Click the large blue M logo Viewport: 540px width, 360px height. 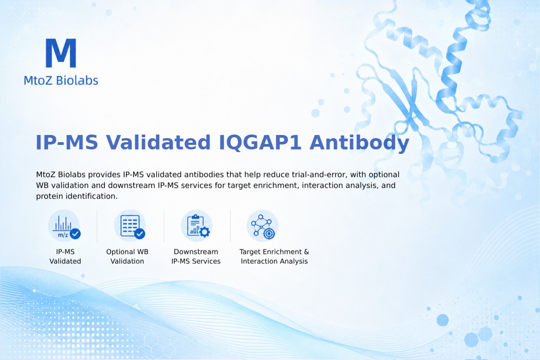click(x=61, y=53)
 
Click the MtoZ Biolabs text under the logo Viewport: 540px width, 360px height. click(x=61, y=80)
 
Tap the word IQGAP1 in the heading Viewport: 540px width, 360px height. click(x=260, y=143)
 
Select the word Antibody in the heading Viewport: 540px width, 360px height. click(x=360, y=143)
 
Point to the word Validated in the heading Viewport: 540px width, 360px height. click(x=158, y=143)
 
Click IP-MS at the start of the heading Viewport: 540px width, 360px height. click(x=67, y=143)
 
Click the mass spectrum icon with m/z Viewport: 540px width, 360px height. click(x=64, y=226)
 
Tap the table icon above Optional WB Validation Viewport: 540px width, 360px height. click(x=130, y=226)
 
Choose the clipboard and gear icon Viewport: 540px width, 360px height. click(x=197, y=226)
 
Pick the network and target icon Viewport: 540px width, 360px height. click(x=262, y=226)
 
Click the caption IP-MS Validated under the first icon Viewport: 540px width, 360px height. click(x=65, y=256)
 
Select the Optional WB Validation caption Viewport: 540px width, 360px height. click(x=127, y=256)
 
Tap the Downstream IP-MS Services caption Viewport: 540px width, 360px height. click(x=196, y=256)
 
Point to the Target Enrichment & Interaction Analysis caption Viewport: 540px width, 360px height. click(x=274, y=256)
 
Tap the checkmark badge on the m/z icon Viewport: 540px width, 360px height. click(x=75, y=234)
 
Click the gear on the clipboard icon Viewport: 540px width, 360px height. click(x=205, y=232)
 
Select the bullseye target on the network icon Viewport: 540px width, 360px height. click(x=269, y=234)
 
